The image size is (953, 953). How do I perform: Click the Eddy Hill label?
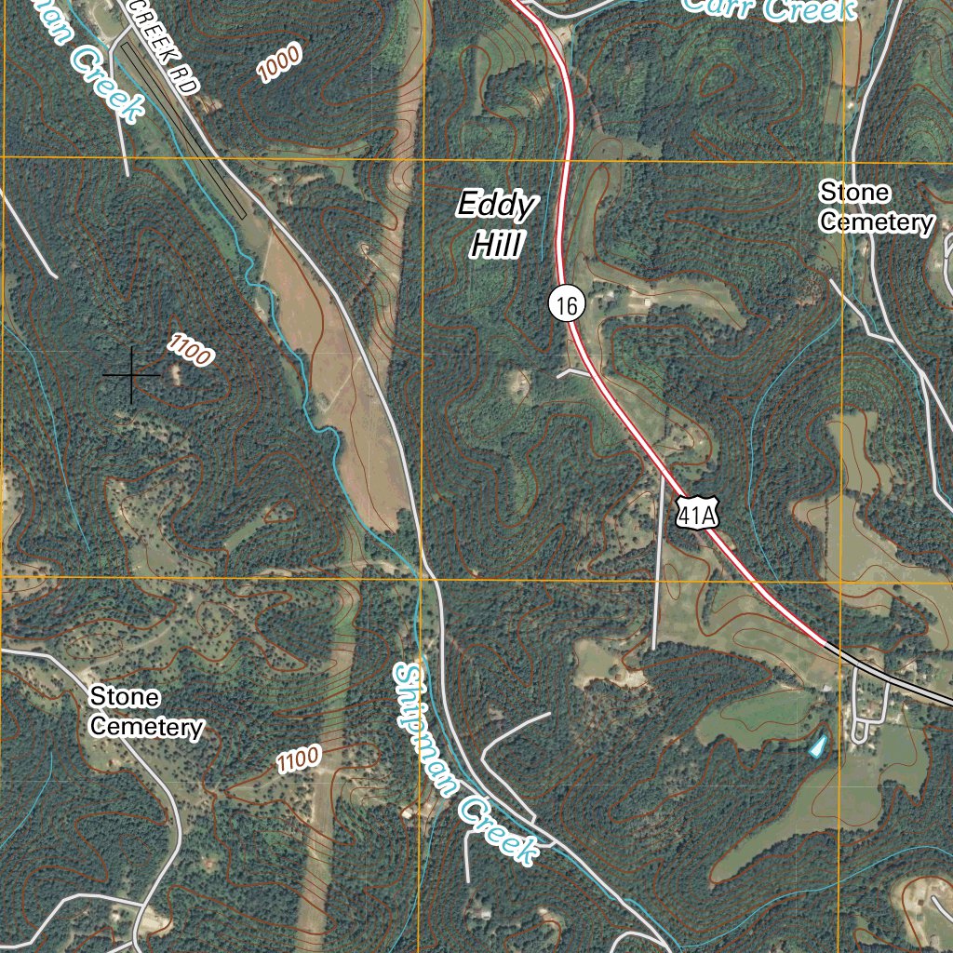pyautogui.click(x=496, y=224)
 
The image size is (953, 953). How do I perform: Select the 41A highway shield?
pyautogui.click(x=697, y=513)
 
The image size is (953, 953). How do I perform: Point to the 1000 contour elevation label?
pyautogui.click(x=280, y=64)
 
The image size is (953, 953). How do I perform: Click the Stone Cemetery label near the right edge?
pyautogui.click(x=875, y=208)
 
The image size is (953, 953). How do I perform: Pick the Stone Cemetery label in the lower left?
pyautogui.click(x=145, y=712)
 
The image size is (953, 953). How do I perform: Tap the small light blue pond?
pyautogui.click(x=817, y=746)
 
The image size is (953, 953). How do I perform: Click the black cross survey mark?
pyautogui.click(x=131, y=375)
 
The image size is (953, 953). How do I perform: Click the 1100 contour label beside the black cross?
pyautogui.click(x=191, y=350)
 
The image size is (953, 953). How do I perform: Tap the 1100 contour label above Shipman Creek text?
pyautogui.click(x=299, y=758)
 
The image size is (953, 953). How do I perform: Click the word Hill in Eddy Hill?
pyautogui.click(x=494, y=246)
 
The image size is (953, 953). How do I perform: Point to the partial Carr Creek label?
pyautogui.click(x=769, y=9)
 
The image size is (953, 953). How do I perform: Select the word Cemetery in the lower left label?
pyautogui.click(x=145, y=726)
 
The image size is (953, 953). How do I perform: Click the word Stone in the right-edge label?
pyautogui.click(x=854, y=193)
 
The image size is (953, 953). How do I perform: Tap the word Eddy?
pyautogui.click(x=497, y=205)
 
